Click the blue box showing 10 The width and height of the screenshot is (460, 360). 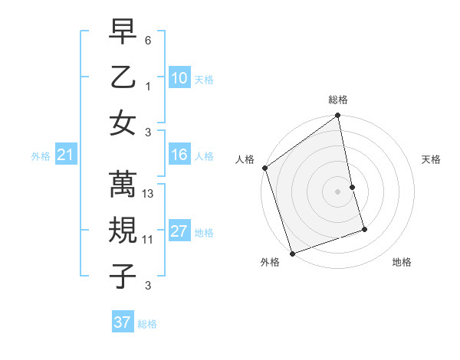click(179, 78)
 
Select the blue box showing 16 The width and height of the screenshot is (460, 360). click(179, 155)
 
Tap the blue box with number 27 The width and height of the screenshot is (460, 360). click(179, 232)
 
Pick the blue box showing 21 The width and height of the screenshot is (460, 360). click(65, 155)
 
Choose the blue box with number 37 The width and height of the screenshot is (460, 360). click(122, 322)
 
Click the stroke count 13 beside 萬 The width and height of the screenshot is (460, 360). click(149, 195)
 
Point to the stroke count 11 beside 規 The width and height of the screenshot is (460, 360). click(148, 240)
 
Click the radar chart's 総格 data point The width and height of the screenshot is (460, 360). click(337, 116)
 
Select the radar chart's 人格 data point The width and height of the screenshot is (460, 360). click(264, 168)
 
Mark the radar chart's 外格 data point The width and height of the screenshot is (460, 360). click(292, 254)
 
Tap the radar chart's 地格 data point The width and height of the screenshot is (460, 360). click(364, 229)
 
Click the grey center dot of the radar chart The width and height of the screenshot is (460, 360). click(337, 191)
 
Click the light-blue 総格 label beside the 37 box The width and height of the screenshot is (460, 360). click(147, 324)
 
